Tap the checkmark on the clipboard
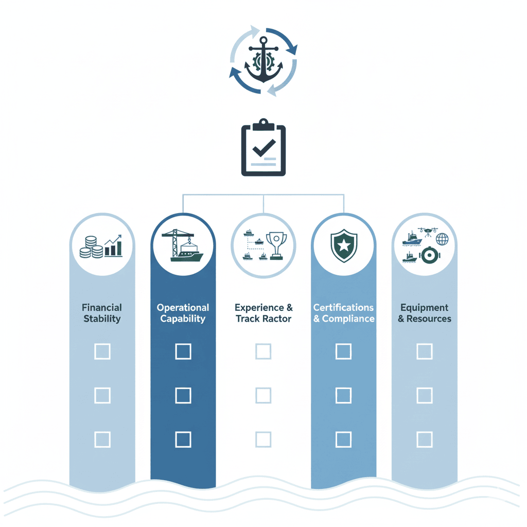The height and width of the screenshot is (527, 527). click(x=263, y=148)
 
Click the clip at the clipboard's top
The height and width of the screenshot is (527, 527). click(x=263, y=125)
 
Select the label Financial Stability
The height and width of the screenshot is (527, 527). click(x=102, y=313)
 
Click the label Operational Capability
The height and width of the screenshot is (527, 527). click(x=183, y=313)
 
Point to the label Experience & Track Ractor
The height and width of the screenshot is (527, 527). click(x=263, y=313)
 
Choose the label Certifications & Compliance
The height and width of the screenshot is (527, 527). click(x=344, y=313)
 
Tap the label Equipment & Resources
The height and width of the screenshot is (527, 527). click(x=425, y=313)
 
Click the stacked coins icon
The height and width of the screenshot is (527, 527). click(x=91, y=248)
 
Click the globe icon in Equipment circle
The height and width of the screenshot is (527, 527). click(x=442, y=239)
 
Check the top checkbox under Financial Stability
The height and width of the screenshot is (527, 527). click(x=102, y=352)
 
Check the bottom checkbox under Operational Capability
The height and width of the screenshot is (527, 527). click(x=183, y=440)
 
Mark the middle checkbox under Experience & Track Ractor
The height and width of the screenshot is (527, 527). click(x=263, y=395)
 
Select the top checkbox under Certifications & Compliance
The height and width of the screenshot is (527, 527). click(x=343, y=352)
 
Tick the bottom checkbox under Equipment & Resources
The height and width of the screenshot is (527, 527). click(x=424, y=440)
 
